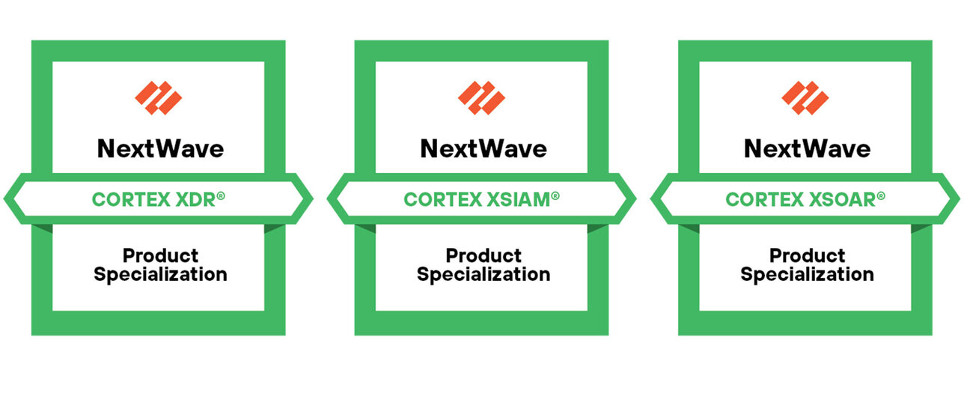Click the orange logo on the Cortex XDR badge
coord(159,97)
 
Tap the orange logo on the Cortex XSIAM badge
coord(482,97)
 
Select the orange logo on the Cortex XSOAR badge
coord(805,97)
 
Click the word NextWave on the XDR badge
coord(159,148)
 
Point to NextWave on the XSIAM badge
coord(483,148)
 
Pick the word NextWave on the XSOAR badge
coord(806,148)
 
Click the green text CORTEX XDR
coord(153,199)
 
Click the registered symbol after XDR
coord(221,196)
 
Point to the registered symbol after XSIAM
coord(555,196)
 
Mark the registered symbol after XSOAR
coord(881,196)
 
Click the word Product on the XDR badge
coord(160,256)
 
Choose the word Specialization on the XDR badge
coord(160,275)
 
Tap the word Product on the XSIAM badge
coord(484,256)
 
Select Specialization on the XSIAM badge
coord(484,275)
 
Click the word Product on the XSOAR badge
coord(807,256)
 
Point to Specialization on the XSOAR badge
coord(807,275)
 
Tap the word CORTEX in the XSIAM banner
coord(436,199)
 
